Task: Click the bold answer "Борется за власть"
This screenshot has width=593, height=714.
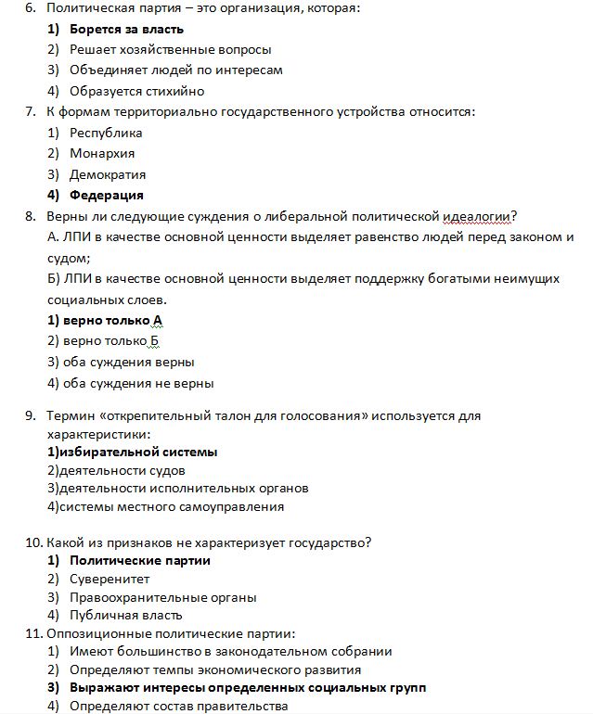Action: coord(126,29)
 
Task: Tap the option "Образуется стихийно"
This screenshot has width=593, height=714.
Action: coord(136,91)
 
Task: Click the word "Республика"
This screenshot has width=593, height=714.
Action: coord(106,133)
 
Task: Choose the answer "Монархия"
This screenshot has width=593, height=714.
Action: coord(102,153)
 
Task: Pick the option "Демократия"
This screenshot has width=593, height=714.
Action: coord(108,174)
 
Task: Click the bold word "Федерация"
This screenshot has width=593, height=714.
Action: coord(107,195)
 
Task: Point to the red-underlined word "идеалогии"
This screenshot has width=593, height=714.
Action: coord(487,217)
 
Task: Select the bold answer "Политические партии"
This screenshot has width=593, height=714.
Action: coord(140,560)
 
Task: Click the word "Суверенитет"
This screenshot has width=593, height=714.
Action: coord(110,579)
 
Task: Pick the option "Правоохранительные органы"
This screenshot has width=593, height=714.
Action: coord(162,597)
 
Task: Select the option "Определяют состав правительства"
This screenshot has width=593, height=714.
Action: coord(178,706)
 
